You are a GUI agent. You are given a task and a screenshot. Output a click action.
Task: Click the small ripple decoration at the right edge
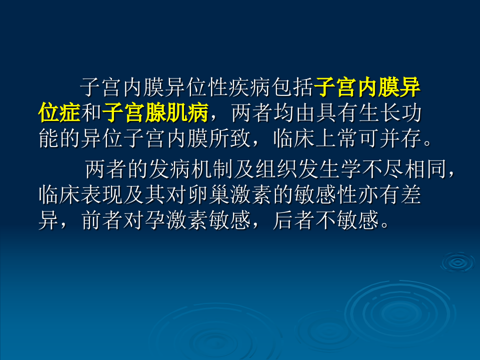[457, 261]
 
